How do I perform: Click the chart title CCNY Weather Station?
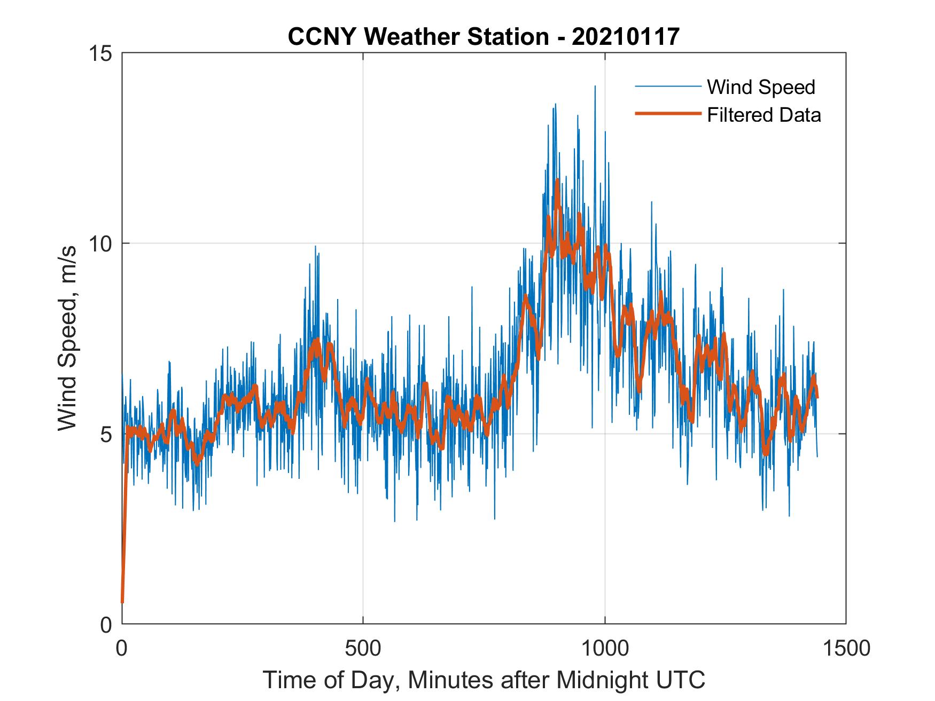coord(418,37)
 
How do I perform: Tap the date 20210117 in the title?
coord(626,37)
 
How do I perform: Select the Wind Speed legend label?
coord(761,87)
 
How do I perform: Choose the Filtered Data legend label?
coord(763,115)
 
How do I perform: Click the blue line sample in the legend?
coord(667,86)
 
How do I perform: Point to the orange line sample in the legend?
coord(667,114)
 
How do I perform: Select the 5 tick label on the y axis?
coord(106,434)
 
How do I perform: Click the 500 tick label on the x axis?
coord(363,648)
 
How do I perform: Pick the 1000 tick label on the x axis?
coord(605,648)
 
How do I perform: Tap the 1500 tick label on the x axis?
coord(846,648)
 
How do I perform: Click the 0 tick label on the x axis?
coord(122,648)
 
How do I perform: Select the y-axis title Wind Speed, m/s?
coord(67,338)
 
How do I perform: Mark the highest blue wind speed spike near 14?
coord(595,86)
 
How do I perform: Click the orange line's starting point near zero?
coord(122,602)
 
